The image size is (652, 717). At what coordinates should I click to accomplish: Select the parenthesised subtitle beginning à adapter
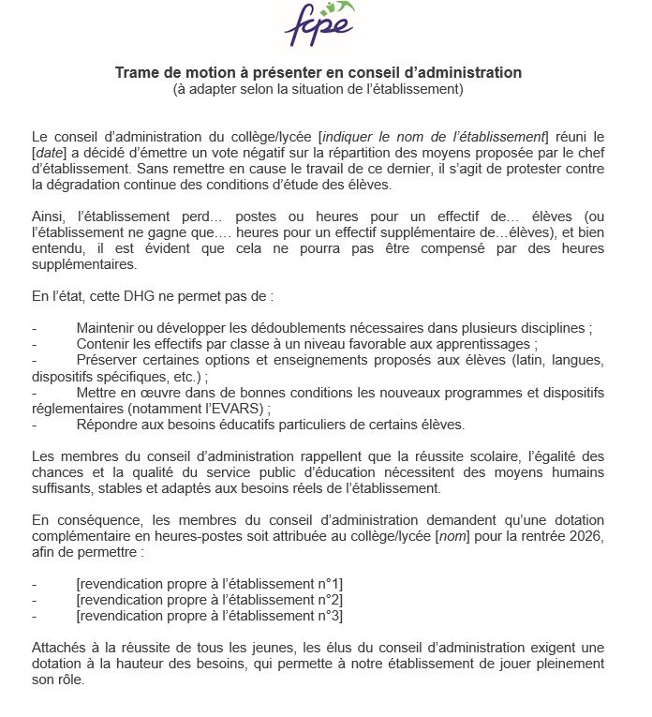tap(319, 90)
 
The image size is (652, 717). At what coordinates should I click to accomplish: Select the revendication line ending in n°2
tap(209, 599)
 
